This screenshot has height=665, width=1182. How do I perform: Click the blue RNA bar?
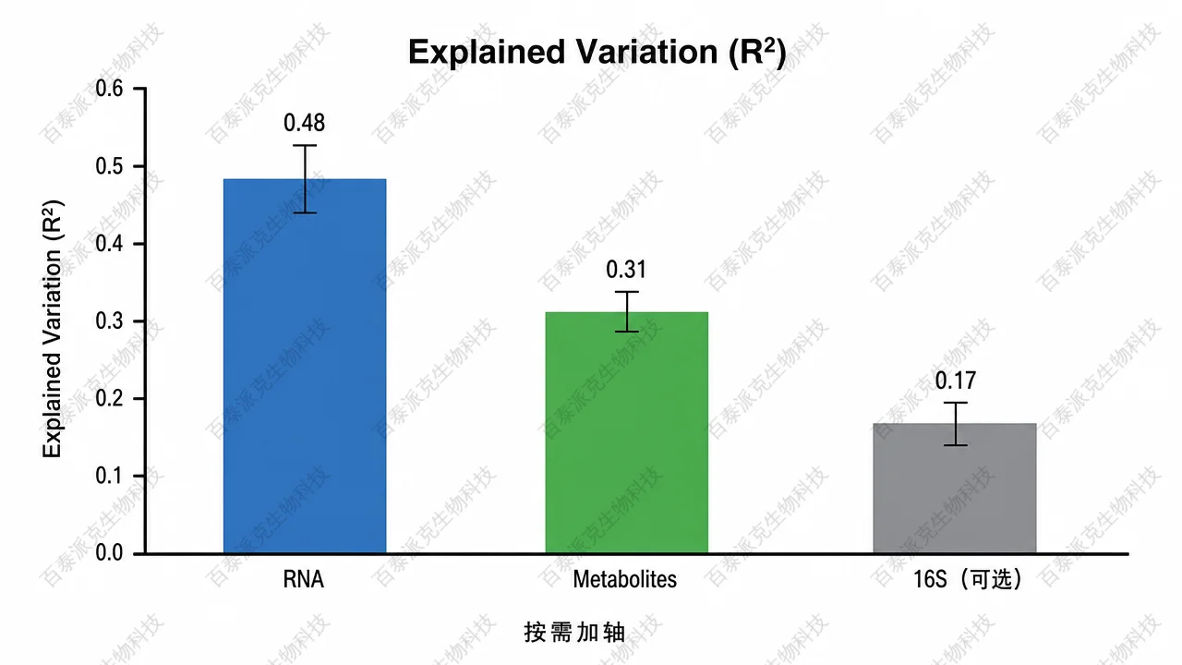pyautogui.click(x=305, y=366)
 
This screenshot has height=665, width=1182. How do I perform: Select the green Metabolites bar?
pyautogui.click(x=627, y=432)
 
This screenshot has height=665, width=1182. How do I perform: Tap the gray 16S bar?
pyautogui.click(x=955, y=489)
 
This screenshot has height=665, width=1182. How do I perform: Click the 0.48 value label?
pyautogui.click(x=305, y=123)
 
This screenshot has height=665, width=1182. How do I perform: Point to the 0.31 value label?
pyautogui.click(x=626, y=270)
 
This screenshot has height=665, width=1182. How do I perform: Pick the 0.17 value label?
pyautogui.click(x=956, y=381)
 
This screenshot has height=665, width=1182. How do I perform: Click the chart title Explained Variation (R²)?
pyautogui.click(x=597, y=53)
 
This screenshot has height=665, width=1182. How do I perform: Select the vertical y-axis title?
pyautogui.click(x=53, y=328)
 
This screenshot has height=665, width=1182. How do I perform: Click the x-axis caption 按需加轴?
pyautogui.click(x=574, y=633)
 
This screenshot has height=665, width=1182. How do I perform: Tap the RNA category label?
pyautogui.click(x=304, y=579)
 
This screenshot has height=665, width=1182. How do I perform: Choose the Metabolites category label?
pyautogui.click(x=625, y=579)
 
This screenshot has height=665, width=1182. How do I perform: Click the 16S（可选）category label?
pyautogui.click(x=967, y=579)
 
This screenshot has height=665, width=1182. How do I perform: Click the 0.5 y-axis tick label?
pyautogui.click(x=109, y=166)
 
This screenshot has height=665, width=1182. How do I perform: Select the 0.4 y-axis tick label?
pyautogui.click(x=109, y=244)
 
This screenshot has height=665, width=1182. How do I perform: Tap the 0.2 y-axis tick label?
pyautogui.click(x=109, y=398)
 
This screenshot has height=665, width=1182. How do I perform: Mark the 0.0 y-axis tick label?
pyautogui.click(x=109, y=553)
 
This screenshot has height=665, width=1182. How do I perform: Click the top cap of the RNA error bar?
pyautogui.click(x=305, y=145)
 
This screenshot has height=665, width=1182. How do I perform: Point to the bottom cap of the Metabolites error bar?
pyautogui.click(x=627, y=332)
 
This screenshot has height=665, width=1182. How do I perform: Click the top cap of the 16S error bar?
pyautogui.click(x=956, y=403)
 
